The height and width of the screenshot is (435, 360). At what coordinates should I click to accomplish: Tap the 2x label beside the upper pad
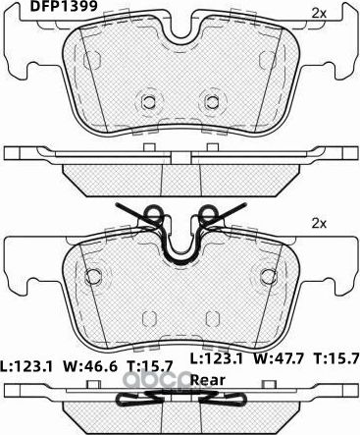(319, 12)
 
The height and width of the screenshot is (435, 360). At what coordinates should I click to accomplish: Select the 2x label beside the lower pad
(319, 224)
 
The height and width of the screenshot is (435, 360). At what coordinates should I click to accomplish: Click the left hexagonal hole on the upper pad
(148, 101)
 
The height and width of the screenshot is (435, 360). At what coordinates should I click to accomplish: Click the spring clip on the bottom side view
(180, 399)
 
